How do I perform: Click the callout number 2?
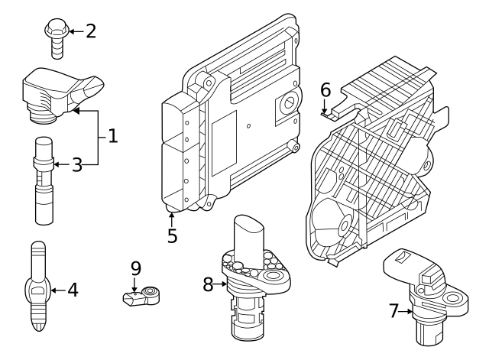(x=91, y=31)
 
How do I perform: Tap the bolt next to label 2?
(x=55, y=38)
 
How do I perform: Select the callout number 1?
(x=112, y=137)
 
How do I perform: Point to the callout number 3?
(x=76, y=164)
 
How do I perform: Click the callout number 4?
(x=73, y=290)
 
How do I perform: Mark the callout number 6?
(x=325, y=89)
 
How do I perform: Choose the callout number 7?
(x=394, y=310)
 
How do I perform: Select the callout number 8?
(x=208, y=285)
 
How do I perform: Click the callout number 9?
(x=135, y=268)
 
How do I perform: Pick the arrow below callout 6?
(x=325, y=110)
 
